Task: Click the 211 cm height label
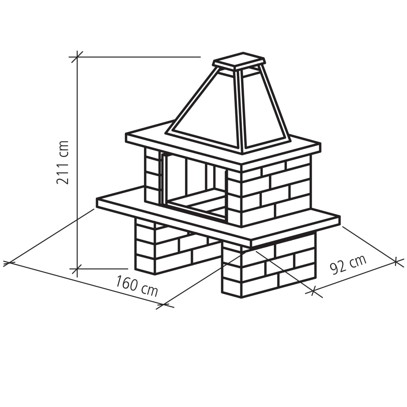point(63,162)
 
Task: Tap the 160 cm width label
point(136,286)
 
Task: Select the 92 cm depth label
point(348,265)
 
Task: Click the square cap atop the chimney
point(239,61)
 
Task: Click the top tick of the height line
point(77,57)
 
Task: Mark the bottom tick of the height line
point(77,269)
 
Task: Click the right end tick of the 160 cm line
point(165,304)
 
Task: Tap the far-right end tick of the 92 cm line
point(396,260)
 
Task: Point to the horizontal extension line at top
point(138,57)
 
